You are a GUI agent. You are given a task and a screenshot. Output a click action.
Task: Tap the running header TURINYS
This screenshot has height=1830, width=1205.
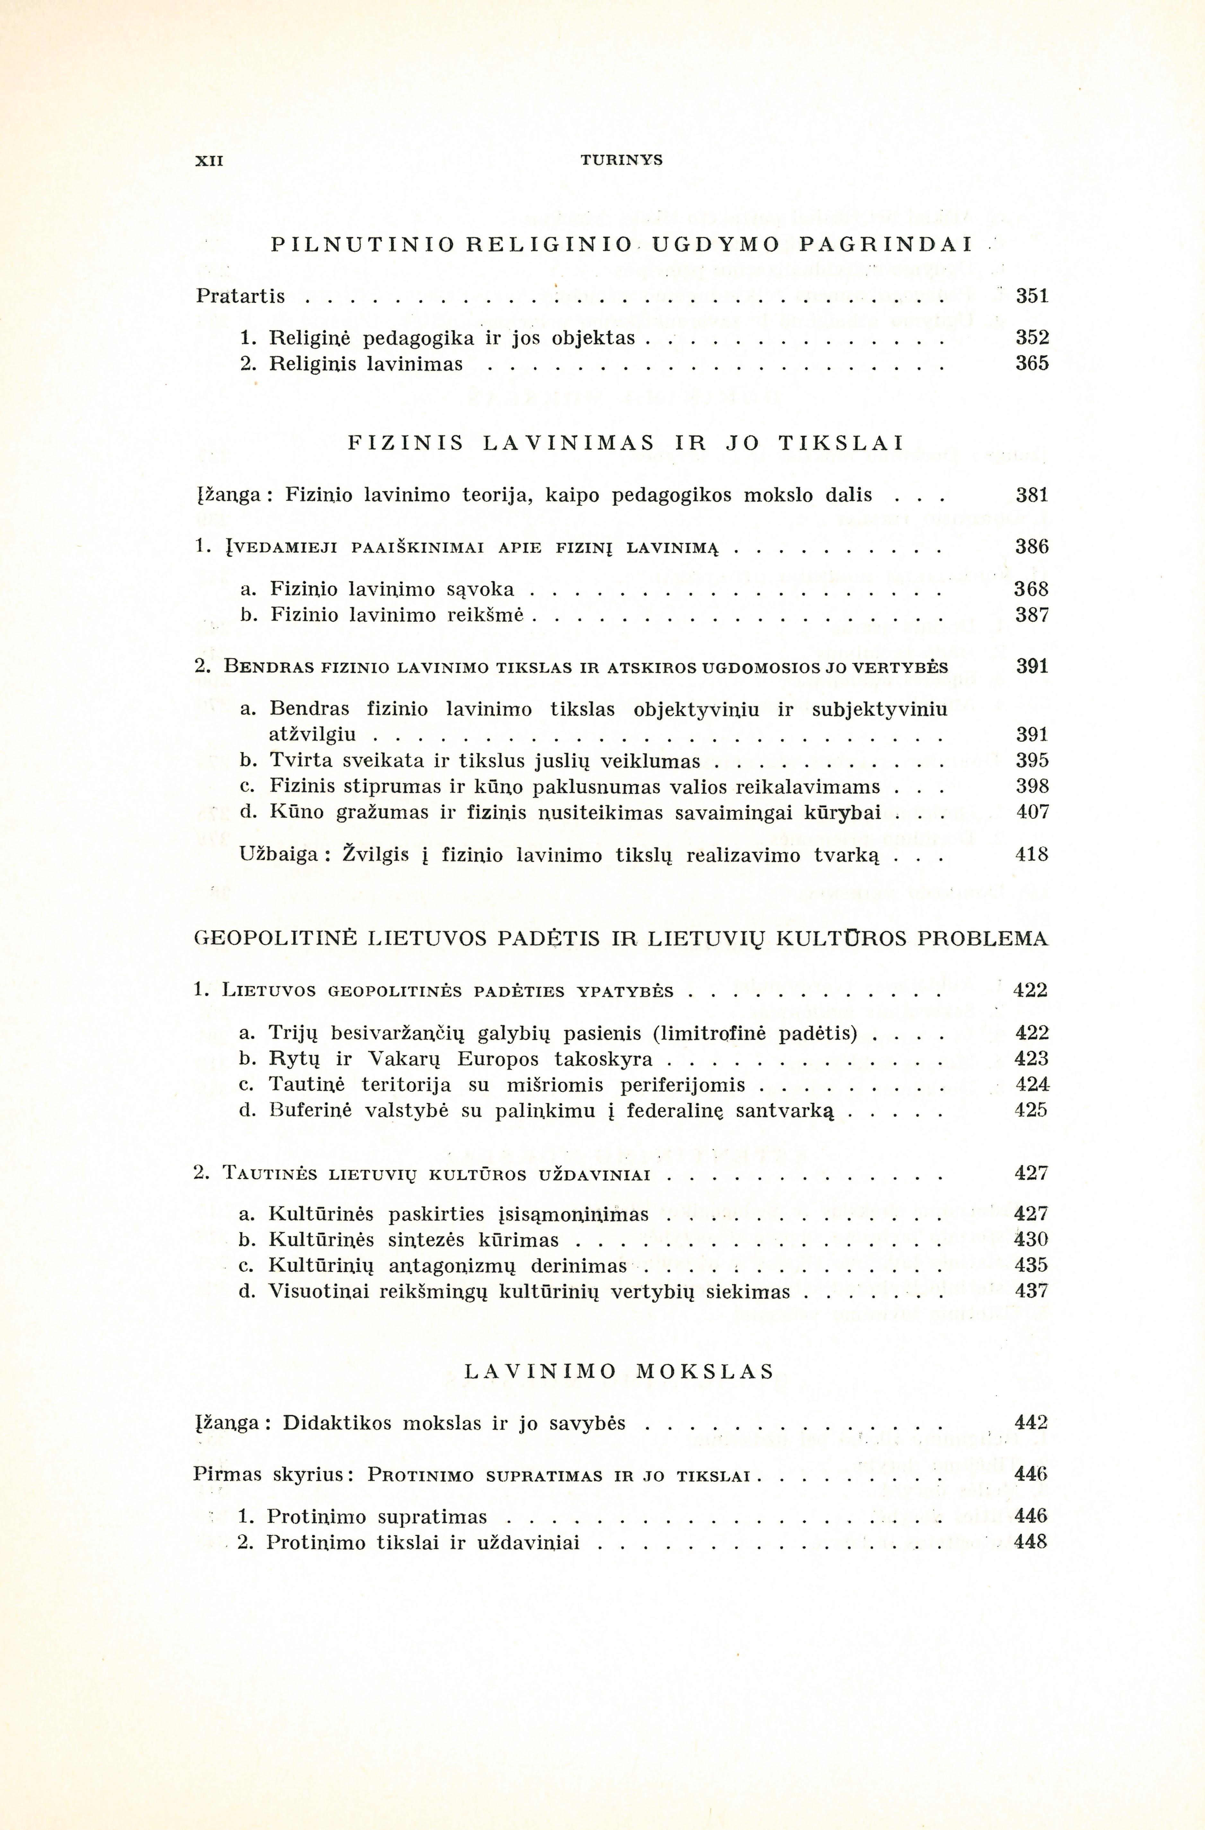point(621,161)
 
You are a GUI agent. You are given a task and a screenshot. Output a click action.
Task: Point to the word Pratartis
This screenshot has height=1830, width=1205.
point(241,296)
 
